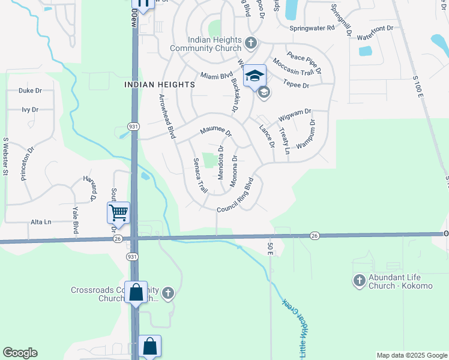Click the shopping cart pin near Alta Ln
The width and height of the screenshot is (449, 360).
point(119,212)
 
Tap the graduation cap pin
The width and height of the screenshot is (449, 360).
point(255,76)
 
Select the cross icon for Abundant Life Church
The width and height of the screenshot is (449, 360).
point(359,280)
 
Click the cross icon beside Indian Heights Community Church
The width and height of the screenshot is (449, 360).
point(251,43)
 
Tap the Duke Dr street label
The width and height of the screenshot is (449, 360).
point(30,91)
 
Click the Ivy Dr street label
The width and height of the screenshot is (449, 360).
point(30,110)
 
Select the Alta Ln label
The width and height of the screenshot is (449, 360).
point(41,222)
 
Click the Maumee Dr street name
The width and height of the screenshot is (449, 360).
point(215,130)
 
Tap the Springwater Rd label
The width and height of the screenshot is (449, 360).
point(312,28)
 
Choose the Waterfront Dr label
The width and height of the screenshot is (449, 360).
point(375,28)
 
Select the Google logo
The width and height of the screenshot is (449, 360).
point(20,353)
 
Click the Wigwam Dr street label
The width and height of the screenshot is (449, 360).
point(295,113)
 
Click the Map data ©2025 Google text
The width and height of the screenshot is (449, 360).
point(411,355)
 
